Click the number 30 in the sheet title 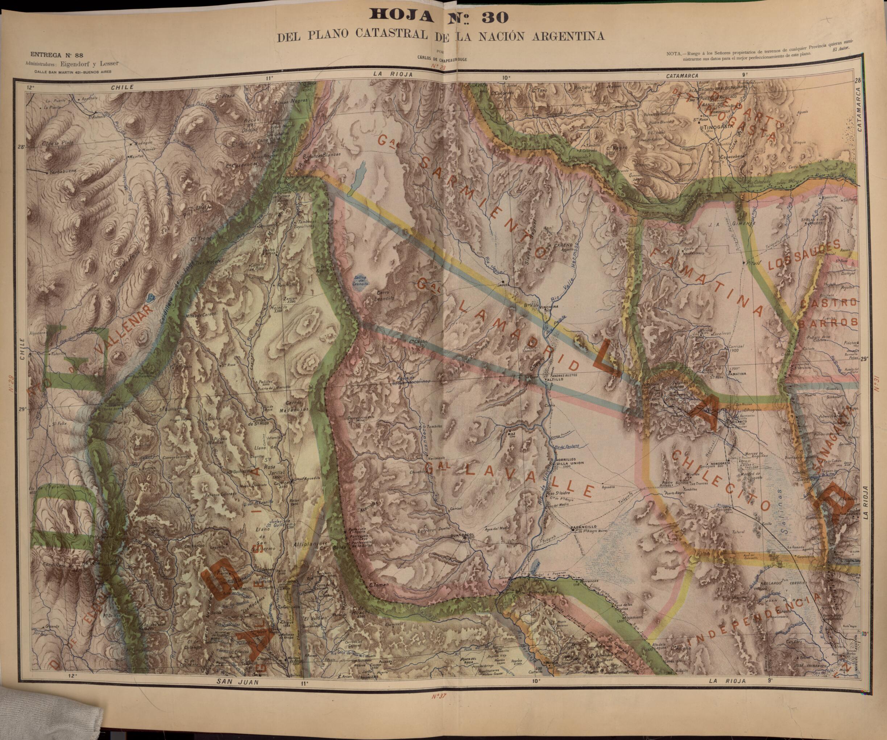(494, 17)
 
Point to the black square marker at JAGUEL (503, 281)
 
